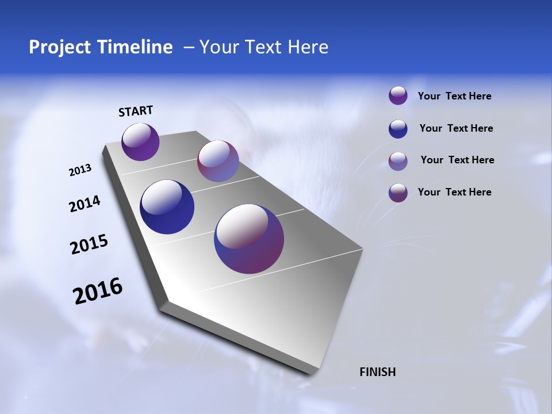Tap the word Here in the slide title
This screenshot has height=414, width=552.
click(x=308, y=47)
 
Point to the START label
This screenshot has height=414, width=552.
click(x=136, y=111)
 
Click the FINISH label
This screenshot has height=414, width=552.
click(x=378, y=372)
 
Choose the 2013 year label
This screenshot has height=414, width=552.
click(x=80, y=170)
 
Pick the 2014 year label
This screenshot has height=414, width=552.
click(x=85, y=204)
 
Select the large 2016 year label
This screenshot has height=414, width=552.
click(x=98, y=291)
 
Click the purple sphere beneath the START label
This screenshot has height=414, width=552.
click(x=140, y=141)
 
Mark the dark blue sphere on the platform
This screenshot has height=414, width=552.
click(x=167, y=207)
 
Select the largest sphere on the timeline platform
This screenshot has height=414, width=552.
click(x=249, y=239)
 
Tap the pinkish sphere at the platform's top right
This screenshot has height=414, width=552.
click(x=218, y=161)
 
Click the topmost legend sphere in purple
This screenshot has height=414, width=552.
click(x=398, y=95)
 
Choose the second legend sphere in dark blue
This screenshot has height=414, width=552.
click(x=398, y=129)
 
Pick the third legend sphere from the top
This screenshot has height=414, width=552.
click(x=398, y=161)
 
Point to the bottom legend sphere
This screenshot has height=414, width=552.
click(x=398, y=193)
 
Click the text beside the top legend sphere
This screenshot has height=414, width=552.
click(x=454, y=97)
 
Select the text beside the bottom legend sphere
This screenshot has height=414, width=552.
click(x=454, y=192)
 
